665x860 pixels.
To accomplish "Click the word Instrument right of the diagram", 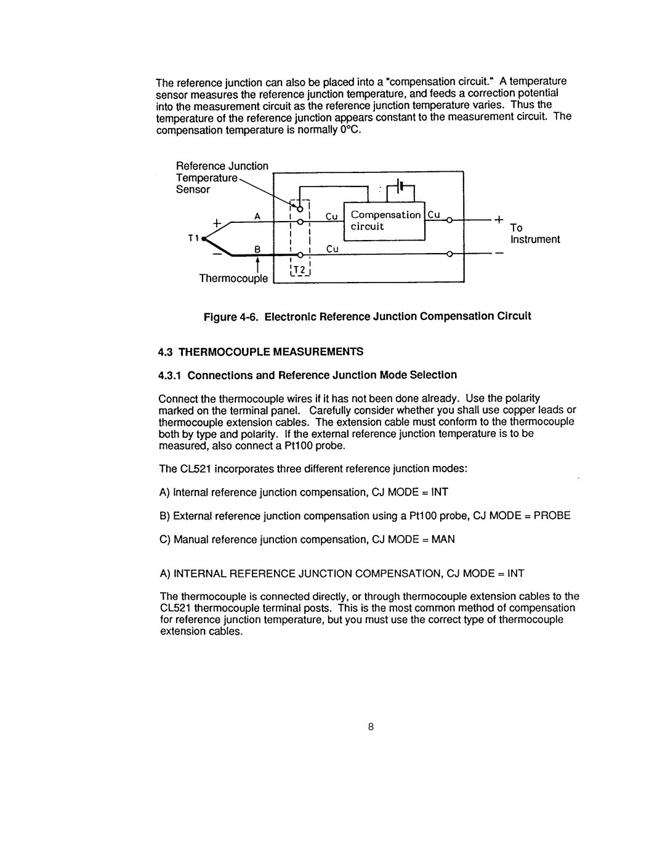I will (x=534, y=239).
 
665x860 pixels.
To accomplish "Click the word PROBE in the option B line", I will (x=552, y=516).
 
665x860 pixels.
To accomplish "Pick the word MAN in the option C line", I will (x=443, y=539).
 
